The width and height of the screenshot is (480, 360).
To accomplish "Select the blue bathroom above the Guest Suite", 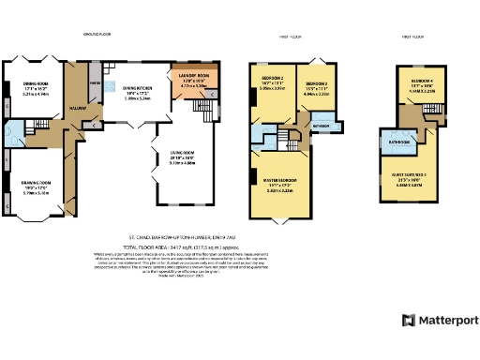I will [395, 143].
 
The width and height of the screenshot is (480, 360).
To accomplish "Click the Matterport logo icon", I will [409, 320].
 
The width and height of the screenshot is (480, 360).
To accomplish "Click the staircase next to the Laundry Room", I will [201, 107].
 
